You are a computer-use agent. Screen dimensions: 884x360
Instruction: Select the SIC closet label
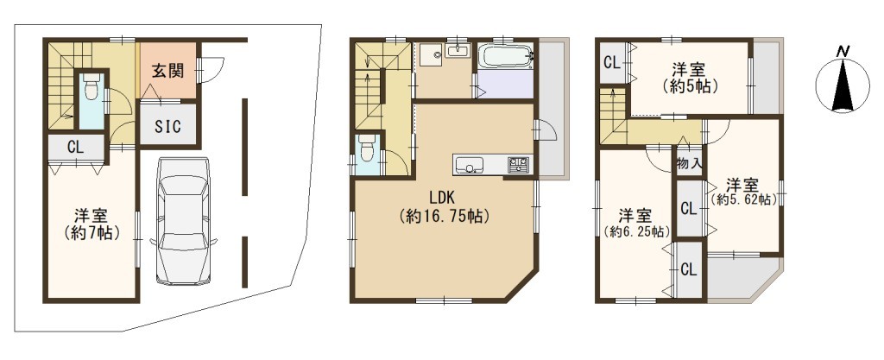(x=168, y=127)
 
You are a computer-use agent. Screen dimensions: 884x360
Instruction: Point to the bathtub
(x=504, y=58)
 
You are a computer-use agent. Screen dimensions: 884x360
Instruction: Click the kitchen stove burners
(x=518, y=165)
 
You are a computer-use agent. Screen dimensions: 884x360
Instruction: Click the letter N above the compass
(x=843, y=52)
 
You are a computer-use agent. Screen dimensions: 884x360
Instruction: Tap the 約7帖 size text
(x=92, y=233)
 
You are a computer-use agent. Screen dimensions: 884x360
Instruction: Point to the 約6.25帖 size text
(x=636, y=231)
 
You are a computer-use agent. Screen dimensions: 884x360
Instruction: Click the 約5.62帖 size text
(x=743, y=199)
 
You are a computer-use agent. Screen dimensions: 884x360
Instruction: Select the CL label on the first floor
(x=76, y=148)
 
